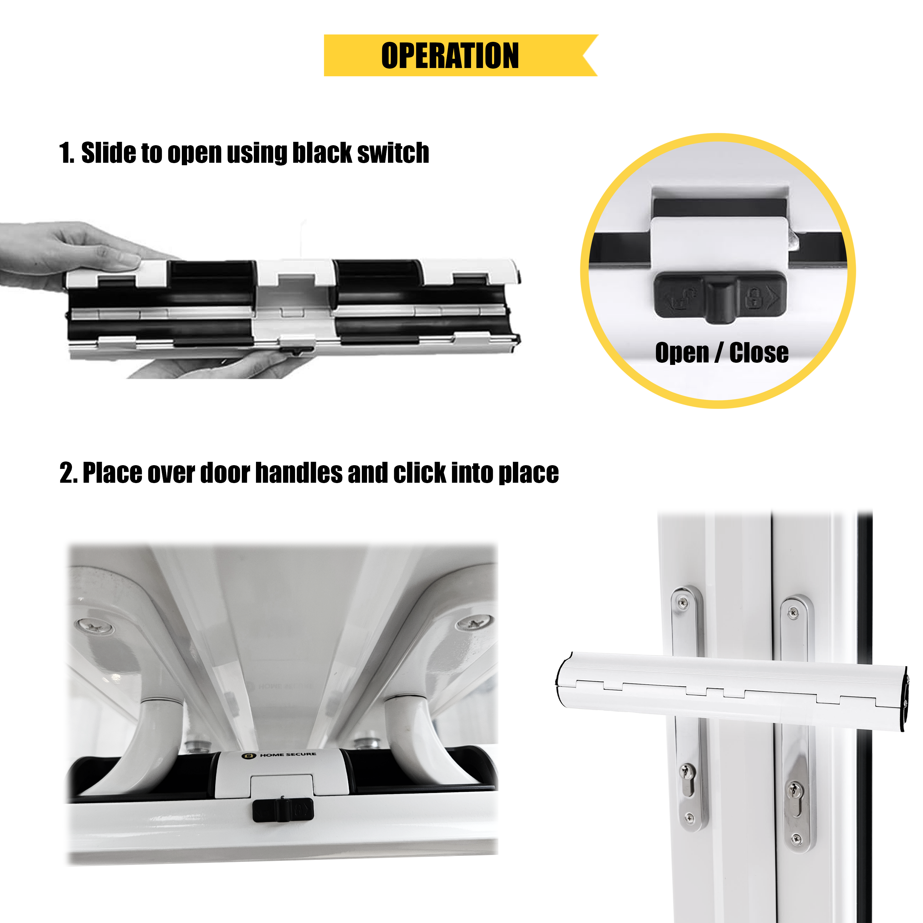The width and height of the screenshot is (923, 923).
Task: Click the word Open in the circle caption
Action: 682,354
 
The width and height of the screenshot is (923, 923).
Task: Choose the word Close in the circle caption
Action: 759,354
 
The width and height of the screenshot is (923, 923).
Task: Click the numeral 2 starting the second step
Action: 66,473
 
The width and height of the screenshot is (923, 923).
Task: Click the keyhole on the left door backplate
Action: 687,786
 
